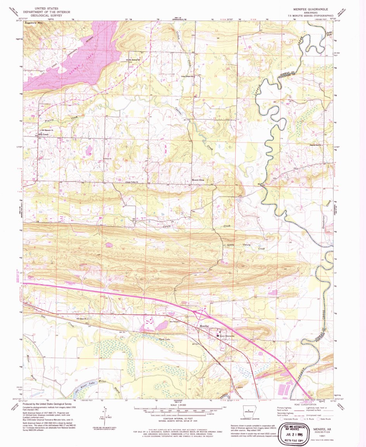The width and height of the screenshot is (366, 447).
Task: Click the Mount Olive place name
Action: tap(198, 180)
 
